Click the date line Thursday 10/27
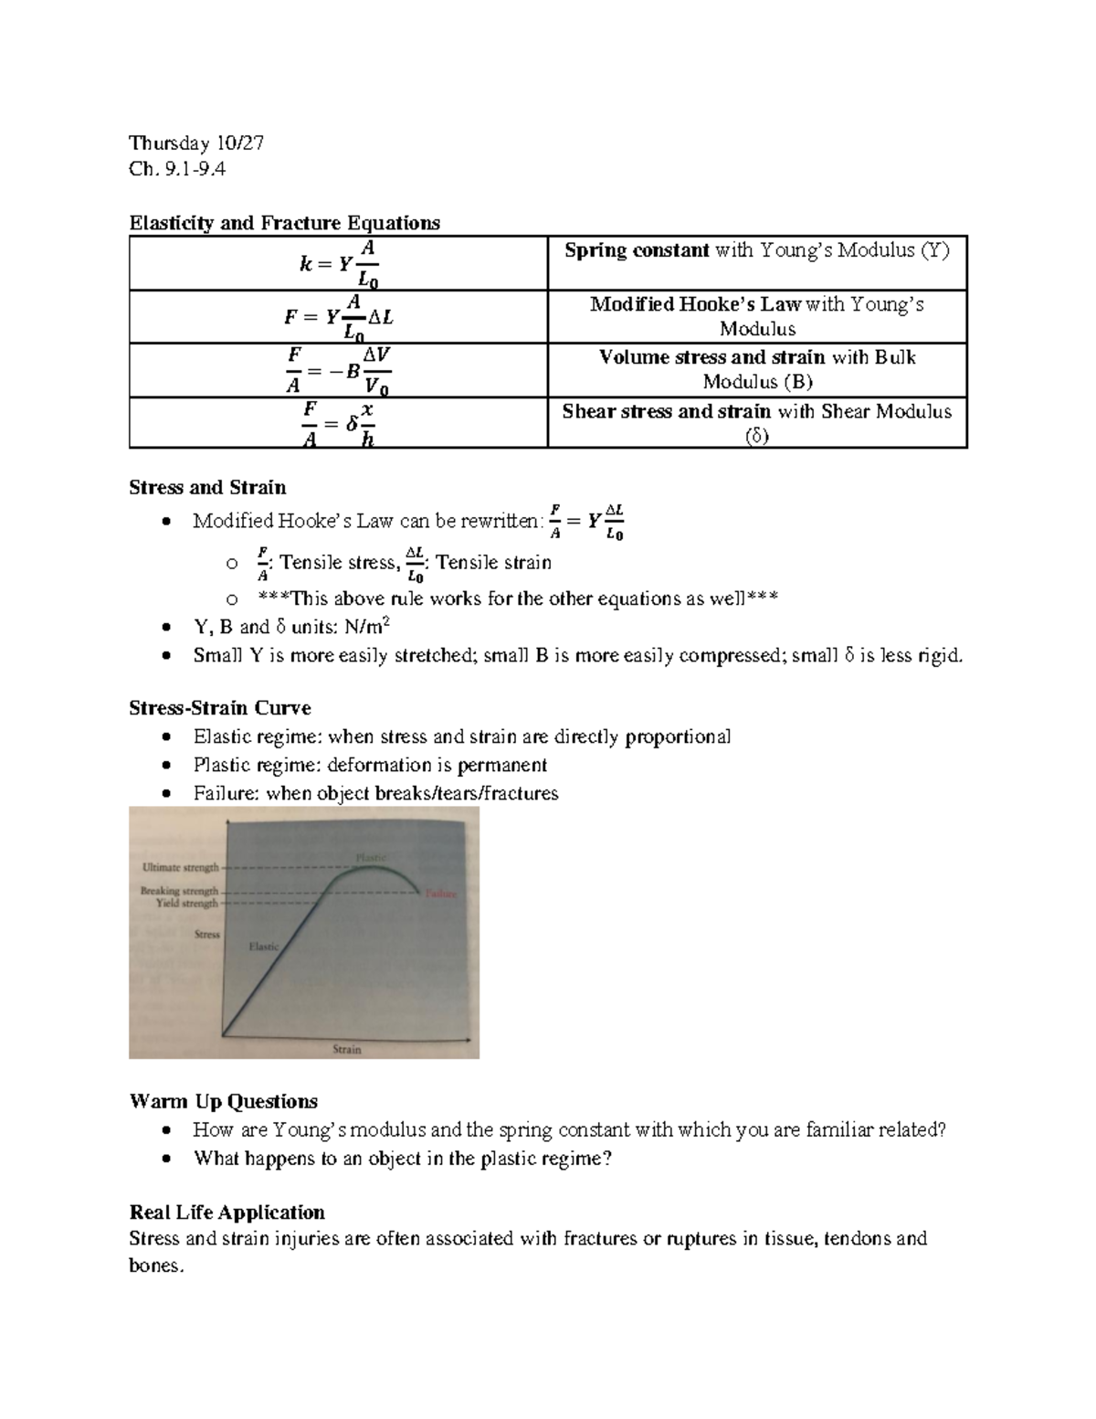(196, 143)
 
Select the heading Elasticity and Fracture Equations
(284, 223)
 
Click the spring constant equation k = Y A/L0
(339, 264)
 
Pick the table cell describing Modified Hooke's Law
(756, 316)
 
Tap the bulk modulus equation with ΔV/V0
(339, 370)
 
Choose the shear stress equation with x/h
(339, 423)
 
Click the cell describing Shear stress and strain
(756, 423)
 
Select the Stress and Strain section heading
(207, 487)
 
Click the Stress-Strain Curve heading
(220, 708)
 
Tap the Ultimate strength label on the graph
(180, 867)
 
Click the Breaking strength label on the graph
(179, 890)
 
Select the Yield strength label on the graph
(187, 903)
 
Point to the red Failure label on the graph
(440, 894)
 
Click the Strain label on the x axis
(346, 1049)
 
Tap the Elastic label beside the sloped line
(264, 947)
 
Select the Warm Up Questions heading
(224, 1101)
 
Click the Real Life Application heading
(227, 1213)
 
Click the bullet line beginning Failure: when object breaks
(375, 793)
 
